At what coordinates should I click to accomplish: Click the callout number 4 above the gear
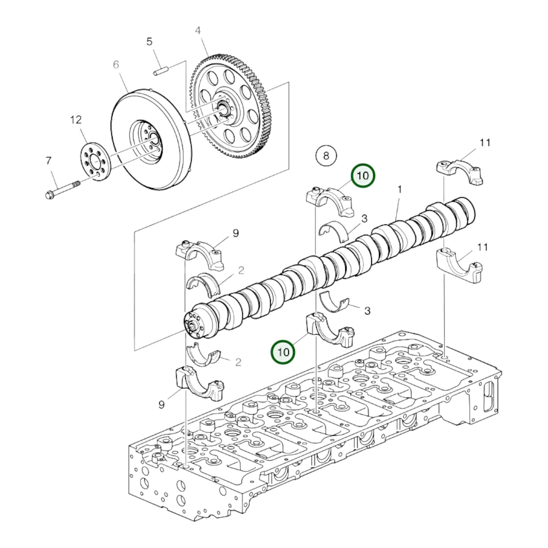(198, 30)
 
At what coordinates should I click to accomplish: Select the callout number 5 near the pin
(149, 42)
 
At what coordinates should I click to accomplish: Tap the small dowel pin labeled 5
(160, 71)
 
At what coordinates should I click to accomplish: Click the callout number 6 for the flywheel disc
(116, 65)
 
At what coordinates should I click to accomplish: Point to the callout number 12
(76, 120)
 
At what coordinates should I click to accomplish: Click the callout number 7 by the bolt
(49, 161)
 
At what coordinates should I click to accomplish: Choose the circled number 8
(326, 155)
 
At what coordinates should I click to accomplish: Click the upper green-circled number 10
(363, 176)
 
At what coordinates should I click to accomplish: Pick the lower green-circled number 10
(283, 352)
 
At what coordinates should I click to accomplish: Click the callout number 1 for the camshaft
(399, 189)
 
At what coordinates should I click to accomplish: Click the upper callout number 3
(364, 218)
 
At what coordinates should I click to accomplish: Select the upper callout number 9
(236, 233)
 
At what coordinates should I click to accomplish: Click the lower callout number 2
(238, 362)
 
